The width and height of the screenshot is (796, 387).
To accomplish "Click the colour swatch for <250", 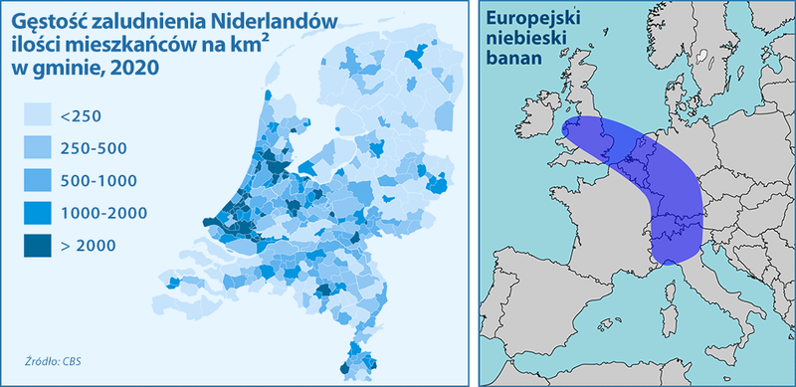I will click(38, 117).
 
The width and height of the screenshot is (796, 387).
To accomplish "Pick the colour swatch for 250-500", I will click(38, 149).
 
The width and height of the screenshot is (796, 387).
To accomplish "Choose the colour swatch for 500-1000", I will click(38, 181).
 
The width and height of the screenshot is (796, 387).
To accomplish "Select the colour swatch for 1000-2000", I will click(38, 213).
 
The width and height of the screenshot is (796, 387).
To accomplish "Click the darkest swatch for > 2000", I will click(38, 245).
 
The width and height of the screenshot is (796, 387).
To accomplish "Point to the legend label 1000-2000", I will click(103, 213).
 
